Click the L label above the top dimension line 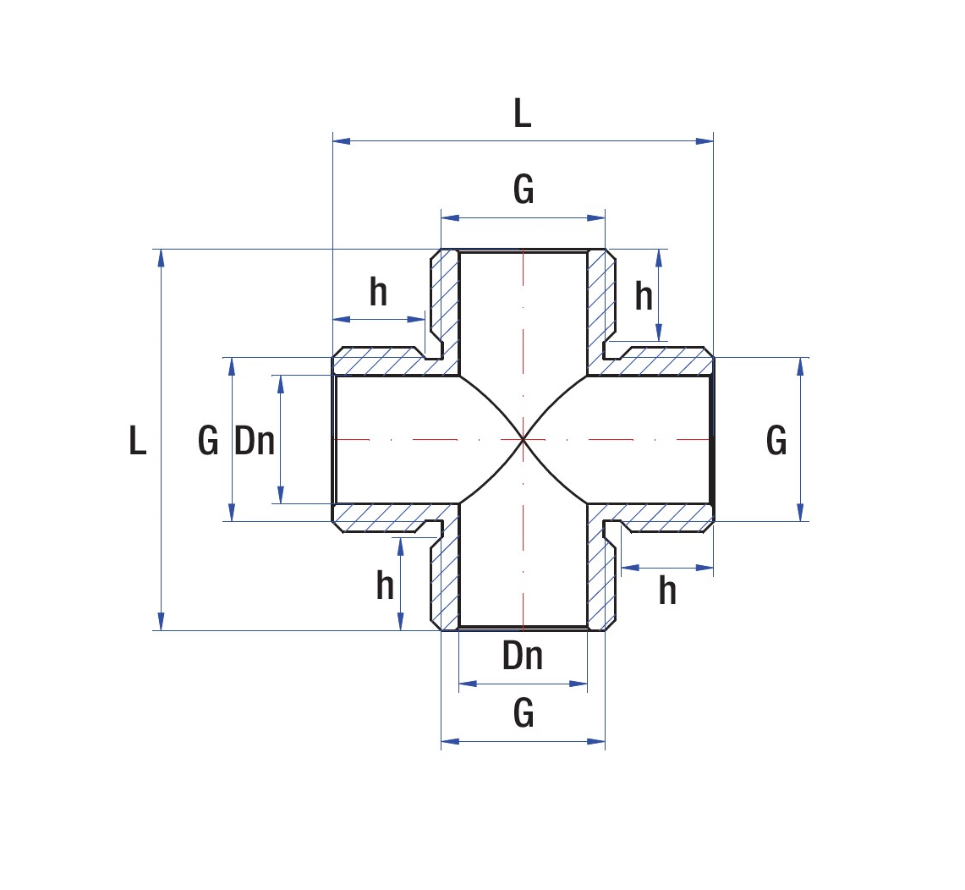[x=523, y=114]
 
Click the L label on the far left [x=137, y=441]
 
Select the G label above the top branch [x=524, y=190]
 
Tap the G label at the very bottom [x=524, y=713]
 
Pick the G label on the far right [x=776, y=441]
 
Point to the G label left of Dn [x=208, y=441]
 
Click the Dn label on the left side [x=255, y=441]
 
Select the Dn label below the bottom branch [x=523, y=657]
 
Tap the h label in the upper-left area [x=379, y=292]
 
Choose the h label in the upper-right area [x=644, y=296]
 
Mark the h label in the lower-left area [x=386, y=585]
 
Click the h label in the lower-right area [x=668, y=591]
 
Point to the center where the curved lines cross [x=524, y=439]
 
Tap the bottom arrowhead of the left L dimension [x=162, y=622]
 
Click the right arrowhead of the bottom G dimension [x=596, y=742]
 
